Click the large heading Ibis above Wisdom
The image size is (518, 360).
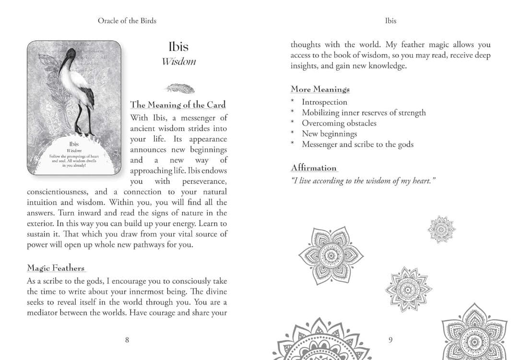click(178, 47)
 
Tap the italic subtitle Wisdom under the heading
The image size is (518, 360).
click(178, 61)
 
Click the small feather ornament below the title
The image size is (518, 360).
click(179, 88)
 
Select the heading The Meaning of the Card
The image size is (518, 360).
click(177, 105)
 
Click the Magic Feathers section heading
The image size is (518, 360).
click(56, 268)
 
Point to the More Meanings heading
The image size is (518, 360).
click(320, 89)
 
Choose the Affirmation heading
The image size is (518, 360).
click(314, 168)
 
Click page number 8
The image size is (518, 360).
click(127, 340)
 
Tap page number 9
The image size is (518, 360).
click(390, 340)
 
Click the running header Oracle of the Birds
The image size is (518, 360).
click(127, 21)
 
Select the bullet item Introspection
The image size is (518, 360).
click(324, 102)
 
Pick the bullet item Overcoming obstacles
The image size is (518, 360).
click(339, 123)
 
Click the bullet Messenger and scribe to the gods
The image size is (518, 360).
click(357, 144)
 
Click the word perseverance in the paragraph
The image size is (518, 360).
click(204, 181)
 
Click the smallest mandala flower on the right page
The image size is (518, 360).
click(441, 229)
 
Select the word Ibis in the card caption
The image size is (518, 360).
click(74, 144)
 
